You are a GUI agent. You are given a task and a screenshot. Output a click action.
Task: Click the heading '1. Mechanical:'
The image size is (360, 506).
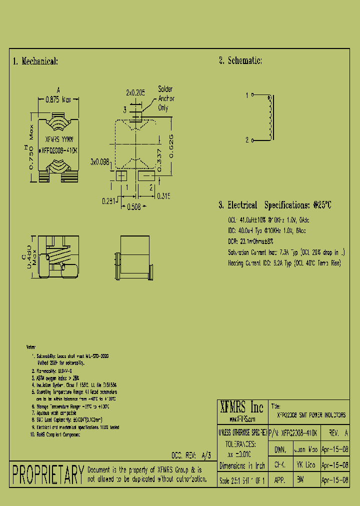pyautogui.click(x=35, y=61)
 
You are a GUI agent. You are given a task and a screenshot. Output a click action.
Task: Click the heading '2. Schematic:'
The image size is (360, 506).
pyautogui.click(x=240, y=60)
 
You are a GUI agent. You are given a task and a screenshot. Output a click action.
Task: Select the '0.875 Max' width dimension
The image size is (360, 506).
pyautogui.click(x=59, y=99)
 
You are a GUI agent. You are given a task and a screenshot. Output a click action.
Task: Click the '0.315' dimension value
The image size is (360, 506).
pyautogui.click(x=164, y=196)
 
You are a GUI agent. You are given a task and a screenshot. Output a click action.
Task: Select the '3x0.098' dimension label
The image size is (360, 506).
pyautogui.click(x=99, y=162)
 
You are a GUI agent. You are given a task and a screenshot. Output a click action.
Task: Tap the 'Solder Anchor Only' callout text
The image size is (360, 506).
pyautogui.click(x=166, y=98)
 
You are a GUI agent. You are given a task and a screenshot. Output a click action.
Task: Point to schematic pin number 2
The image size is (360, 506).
pyautogui.click(x=247, y=140)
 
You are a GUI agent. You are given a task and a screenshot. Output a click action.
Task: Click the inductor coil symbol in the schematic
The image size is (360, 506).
pyautogui.click(x=271, y=118)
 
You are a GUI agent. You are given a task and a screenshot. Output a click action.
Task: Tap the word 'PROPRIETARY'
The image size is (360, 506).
pyautogui.click(x=47, y=474)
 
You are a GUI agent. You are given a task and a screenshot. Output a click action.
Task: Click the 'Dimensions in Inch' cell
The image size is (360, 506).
pyautogui.click(x=242, y=465)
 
